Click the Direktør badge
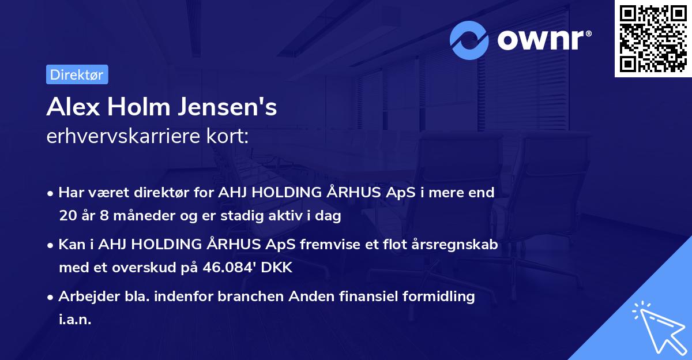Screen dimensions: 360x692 [x=77, y=74]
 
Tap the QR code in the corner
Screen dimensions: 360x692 [x=653, y=38]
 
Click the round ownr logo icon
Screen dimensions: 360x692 [x=469, y=40]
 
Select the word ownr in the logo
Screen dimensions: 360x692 [x=543, y=40]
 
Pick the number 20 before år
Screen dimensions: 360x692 [x=66, y=216]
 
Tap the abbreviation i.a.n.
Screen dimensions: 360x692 [x=75, y=320]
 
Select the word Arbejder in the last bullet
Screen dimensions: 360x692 [x=83, y=297]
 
